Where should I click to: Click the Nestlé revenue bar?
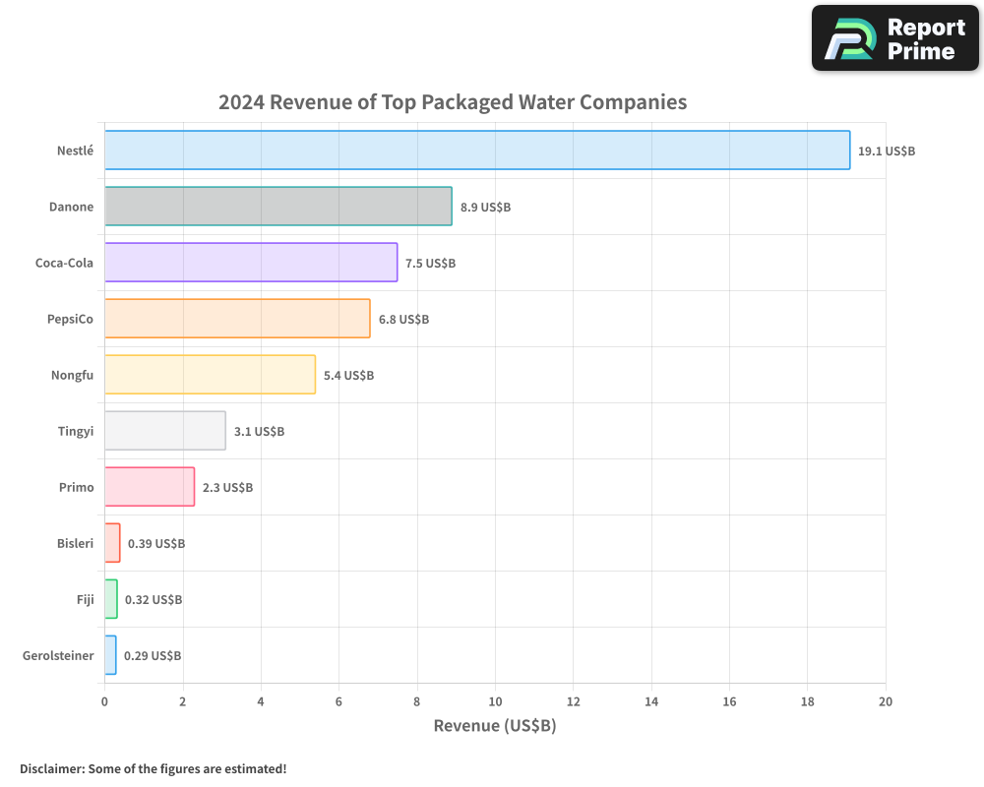click(477, 151)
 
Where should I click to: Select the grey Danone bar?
click(278, 207)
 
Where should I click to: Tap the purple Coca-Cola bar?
click(251, 263)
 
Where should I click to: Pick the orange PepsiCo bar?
click(237, 319)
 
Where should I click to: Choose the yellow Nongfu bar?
click(210, 375)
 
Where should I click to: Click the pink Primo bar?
click(150, 487)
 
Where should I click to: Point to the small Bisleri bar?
click(112, 543)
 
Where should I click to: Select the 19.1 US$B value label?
click(887, 151)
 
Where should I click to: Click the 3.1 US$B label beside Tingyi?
click(259, 432)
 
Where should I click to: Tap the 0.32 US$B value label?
click(154, 600)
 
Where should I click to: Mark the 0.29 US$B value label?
click(153, 656)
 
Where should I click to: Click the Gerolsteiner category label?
click(58, 656)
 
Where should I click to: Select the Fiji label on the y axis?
click(85, 600)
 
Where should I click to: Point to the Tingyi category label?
click(76, 432)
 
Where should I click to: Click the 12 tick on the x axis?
click(573, 702)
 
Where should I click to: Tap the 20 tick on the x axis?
click(886, 702)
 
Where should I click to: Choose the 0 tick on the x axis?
click(104, 702)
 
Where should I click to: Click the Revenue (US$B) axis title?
click(495, 726)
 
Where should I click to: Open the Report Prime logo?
click(895, 38)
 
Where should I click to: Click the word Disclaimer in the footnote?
click(50, 769)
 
